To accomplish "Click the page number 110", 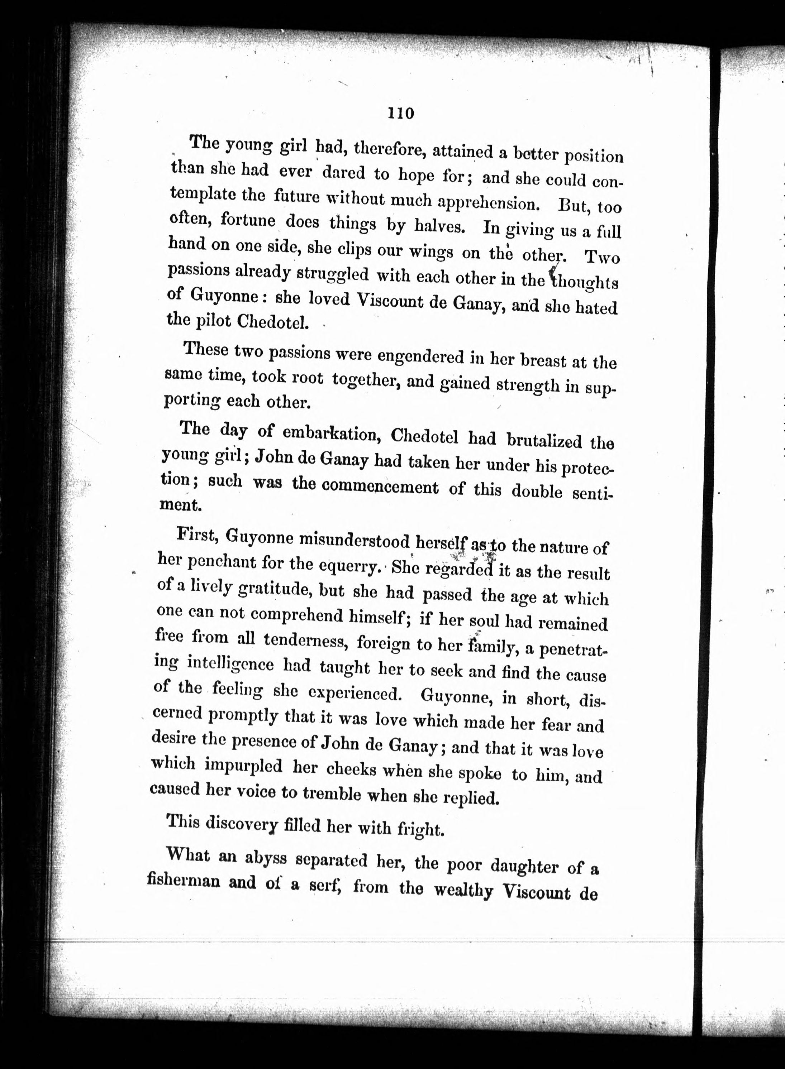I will point(401,113).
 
